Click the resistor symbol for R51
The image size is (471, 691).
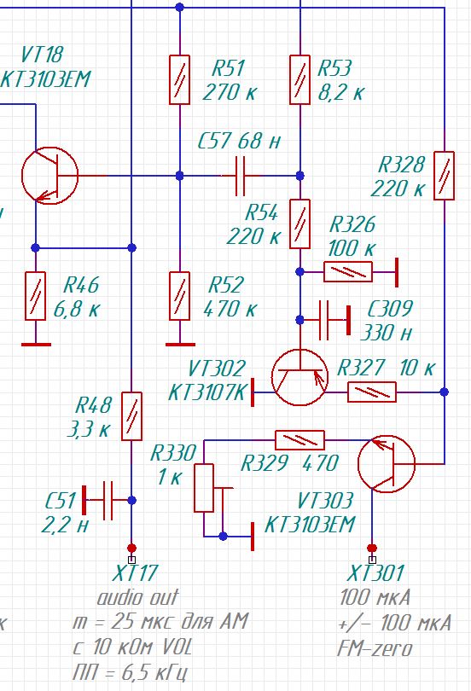click(180, 80)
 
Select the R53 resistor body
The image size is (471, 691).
click(299, 80)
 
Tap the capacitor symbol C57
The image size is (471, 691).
click(240, 176)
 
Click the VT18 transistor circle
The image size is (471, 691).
click(49, 176)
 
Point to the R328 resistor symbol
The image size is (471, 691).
click(445, 176)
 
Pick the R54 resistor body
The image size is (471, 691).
click(299, 224)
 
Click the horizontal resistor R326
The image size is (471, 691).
click(348, 272)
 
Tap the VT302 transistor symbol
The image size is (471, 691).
click(300, 378)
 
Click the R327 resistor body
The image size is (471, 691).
click(372, 392)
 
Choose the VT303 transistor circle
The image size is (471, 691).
click(387, 463)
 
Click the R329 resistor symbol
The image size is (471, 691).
click(299, 440)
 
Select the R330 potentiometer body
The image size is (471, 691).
click(204, 488)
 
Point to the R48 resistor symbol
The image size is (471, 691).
click(131, 416)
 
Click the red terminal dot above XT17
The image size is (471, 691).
click(131, 549)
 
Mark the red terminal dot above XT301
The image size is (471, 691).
click(372, 549)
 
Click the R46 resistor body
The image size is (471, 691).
click(35, 296)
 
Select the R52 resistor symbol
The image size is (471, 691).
click(180, 296)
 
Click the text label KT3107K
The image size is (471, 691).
click(207, 392)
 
